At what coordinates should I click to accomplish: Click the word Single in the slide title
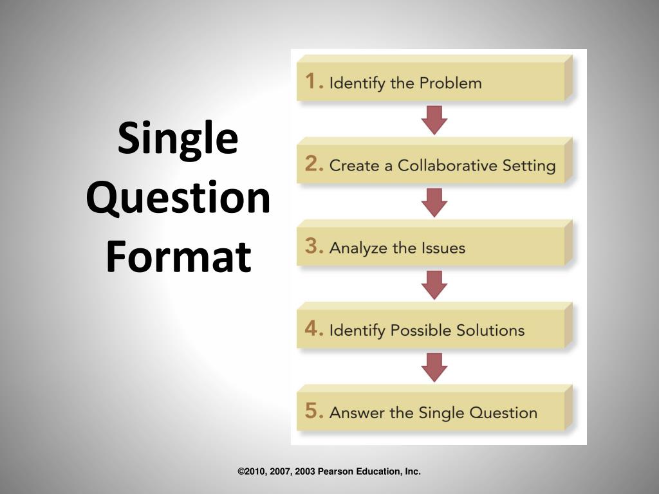coord(178,140)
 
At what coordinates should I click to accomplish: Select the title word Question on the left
coord(178,198)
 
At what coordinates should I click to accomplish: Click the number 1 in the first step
coord(313,82)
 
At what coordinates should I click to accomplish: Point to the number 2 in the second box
coord(313,165)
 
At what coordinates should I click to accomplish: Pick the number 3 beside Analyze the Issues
coord(313,247)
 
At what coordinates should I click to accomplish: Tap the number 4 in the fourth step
coord(313,329)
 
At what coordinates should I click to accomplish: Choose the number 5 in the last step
coord(313,412)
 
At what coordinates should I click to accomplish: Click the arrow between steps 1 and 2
coord(434,120)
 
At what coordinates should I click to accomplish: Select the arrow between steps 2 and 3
coord(434,202)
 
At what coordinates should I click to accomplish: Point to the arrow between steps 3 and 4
coord(434,284)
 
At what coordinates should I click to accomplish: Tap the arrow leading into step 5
coord(434,367)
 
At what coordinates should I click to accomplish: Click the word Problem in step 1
coord(450,83)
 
